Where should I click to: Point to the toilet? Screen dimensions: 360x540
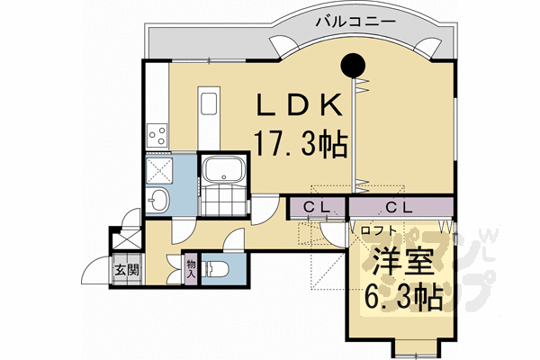217,268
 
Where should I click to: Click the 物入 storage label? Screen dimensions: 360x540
191,267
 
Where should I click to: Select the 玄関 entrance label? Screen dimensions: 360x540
125,269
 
